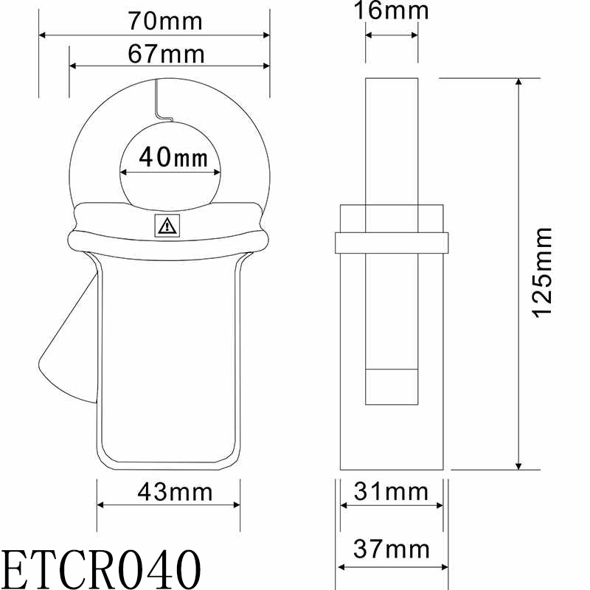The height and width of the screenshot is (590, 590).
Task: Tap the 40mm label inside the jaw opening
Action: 170,157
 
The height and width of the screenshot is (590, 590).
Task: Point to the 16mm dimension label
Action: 392,10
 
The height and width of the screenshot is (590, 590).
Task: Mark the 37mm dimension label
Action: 392,549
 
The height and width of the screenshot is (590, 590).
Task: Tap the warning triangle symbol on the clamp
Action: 167,226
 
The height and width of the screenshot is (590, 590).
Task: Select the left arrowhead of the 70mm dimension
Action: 43,35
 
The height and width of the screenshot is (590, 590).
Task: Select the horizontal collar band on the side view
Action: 392,243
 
